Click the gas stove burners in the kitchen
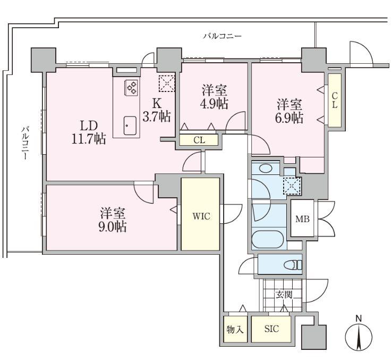[x=131, y=88]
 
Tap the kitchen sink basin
[x=130, y=125]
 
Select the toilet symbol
[x=293, y=265]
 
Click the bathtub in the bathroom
[x=268, y=240]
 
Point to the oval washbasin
[x=266, y=168]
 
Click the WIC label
[x=201, y=216]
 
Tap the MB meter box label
[x=303, y=219]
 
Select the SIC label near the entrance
[x=271, y=329]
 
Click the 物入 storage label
[x=235, y=330]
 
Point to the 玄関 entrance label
[x=284, y=295]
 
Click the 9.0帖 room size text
[x=113, y=227]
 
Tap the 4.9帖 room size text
[x=214, y=103]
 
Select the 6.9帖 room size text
[x=289, y=118]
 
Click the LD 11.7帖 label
[x=89, y=132]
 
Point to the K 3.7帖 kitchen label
[x=157, y=110]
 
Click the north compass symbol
[x=359, y=336]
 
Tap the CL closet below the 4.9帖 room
[x=199, y=140]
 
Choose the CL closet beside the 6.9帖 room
[x=335, y=100]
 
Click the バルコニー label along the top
[x=222, y=36]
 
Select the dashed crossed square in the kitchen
[x=167, y=83]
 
